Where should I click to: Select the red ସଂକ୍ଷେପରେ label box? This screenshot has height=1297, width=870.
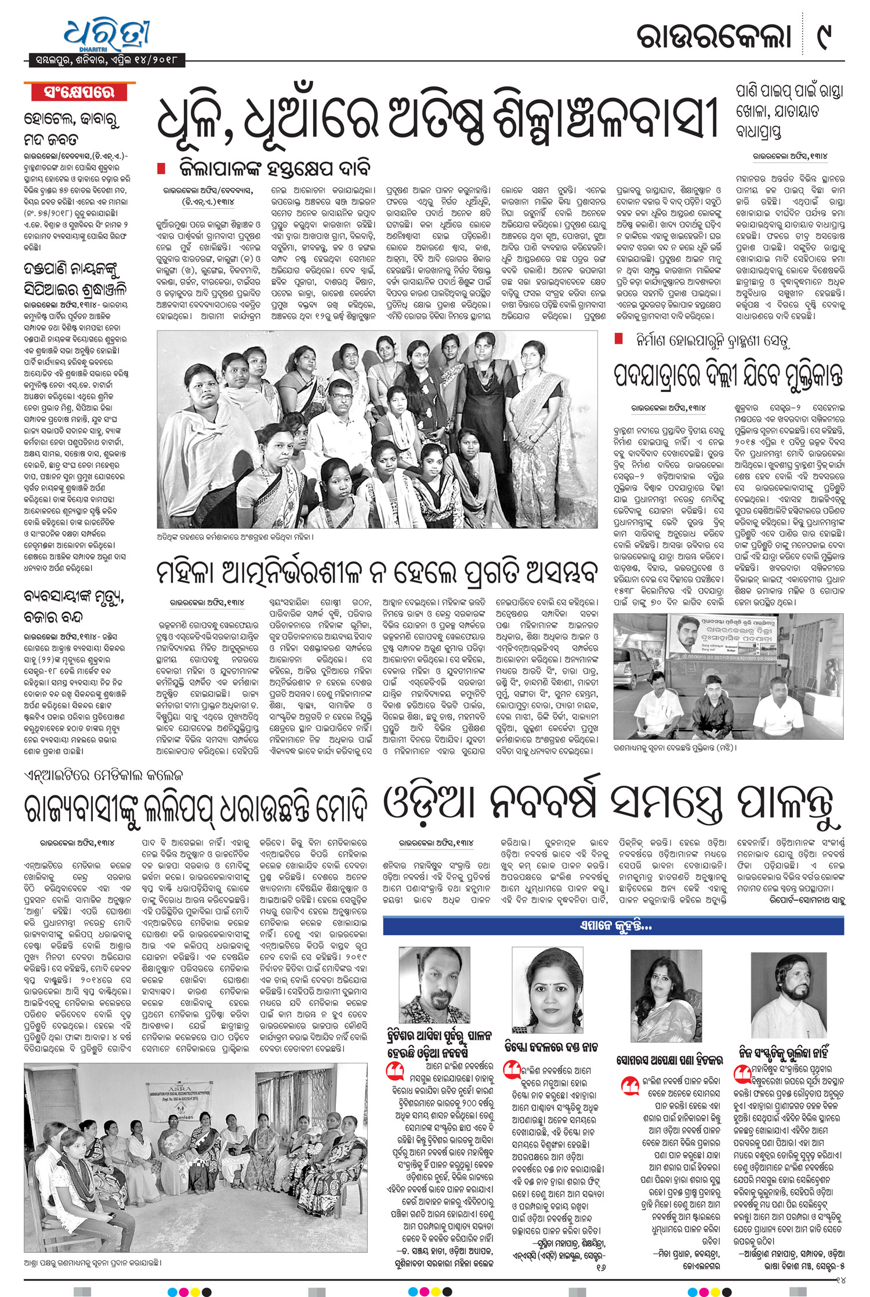(x=79, y=92)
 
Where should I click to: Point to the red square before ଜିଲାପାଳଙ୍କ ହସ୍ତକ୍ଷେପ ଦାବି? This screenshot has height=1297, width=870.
(x=162, y=168)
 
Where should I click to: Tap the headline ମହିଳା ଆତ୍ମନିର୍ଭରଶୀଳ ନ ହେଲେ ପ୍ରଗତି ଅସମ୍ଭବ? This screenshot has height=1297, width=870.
(x=377, y=573)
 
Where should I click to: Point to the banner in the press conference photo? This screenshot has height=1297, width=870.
(x=725, y=638)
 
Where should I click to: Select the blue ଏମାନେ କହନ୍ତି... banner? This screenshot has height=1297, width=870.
(x=613, y=926)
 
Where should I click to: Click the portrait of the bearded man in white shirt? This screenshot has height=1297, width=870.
(x=788, y=995)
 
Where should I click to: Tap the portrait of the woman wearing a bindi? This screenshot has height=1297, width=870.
(x=548, y=991)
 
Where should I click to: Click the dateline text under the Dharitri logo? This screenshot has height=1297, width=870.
(x=107, y=60)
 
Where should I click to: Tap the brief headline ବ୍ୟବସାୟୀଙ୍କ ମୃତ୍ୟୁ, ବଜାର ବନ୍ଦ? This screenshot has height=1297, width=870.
(x=74, y=606)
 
